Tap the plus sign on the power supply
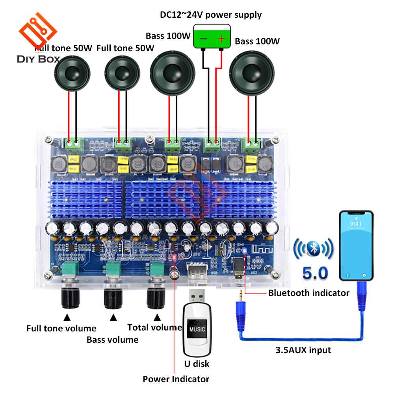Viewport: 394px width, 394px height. (x=221, y=39)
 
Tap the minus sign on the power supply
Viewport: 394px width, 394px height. (x=203, y=39)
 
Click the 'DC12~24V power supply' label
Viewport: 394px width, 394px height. (x=210, y=15)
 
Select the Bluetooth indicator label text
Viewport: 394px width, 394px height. (x=309, y=293)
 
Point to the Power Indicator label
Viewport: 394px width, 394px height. (x=176, y=379)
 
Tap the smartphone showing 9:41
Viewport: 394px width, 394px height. (x=356, y=246)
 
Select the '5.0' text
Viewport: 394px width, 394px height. (x=314, y=273)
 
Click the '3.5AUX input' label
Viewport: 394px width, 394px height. (x=303, y=350)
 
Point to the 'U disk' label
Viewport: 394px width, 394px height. (x=197, y=364)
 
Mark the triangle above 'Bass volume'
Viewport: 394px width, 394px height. (x=113, y=317)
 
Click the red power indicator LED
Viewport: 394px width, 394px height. (x=173, y=258)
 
